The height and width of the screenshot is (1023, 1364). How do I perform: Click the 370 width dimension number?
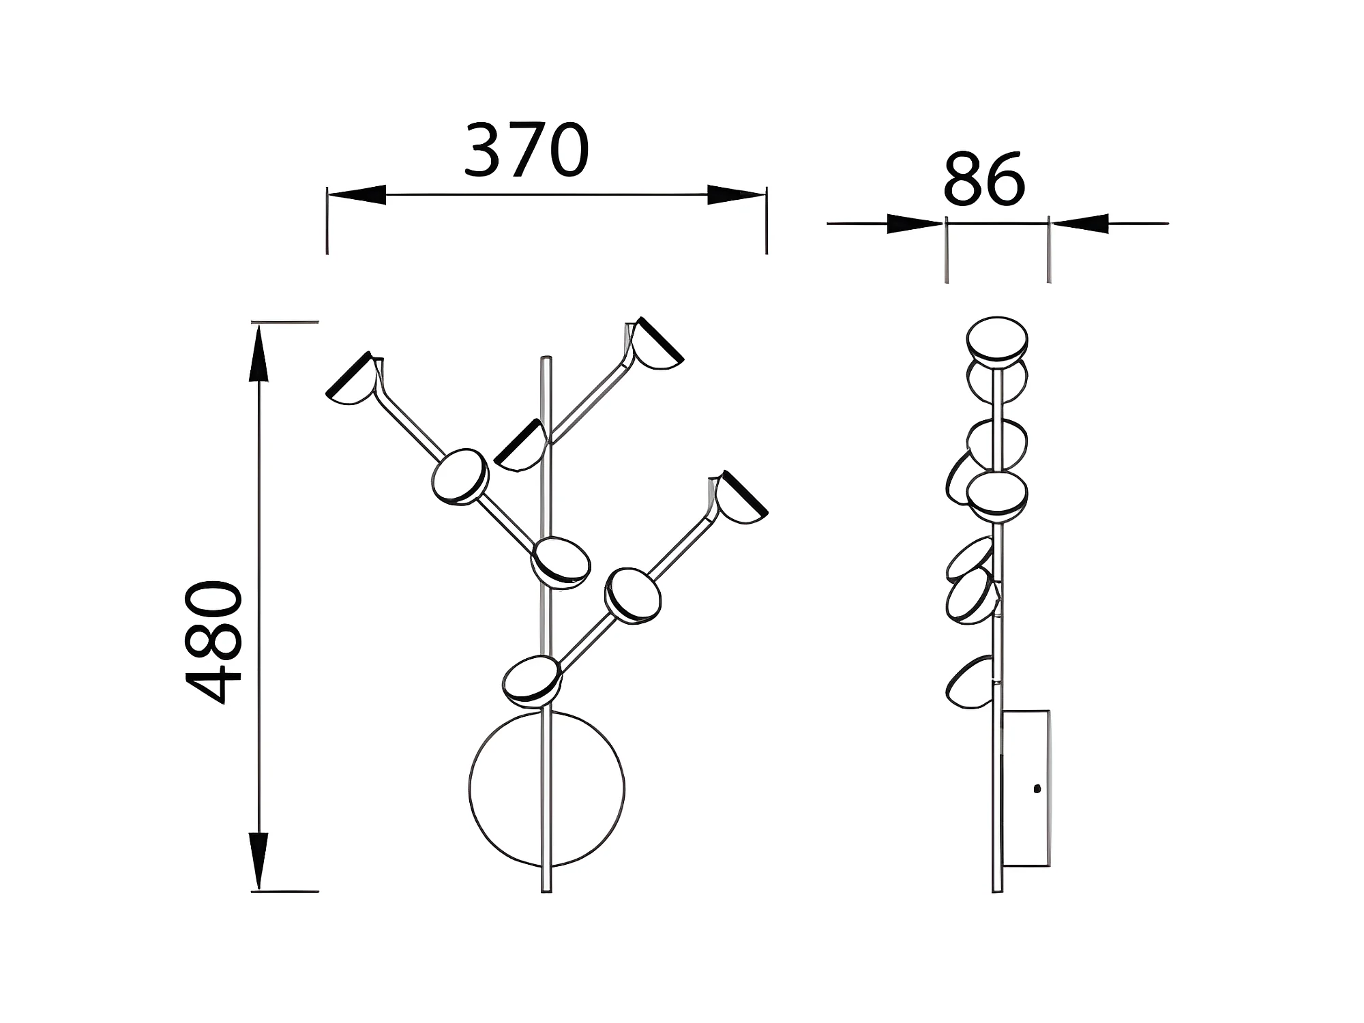click(x=527, y=150)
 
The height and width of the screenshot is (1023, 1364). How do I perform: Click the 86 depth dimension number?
click(x=984, y=179)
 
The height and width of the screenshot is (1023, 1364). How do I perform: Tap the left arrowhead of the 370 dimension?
click(x=357, y=194)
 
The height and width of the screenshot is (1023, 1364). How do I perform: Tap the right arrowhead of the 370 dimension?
click(x=737, y=194)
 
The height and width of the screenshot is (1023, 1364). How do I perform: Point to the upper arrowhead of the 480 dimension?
click(x=258, y=353)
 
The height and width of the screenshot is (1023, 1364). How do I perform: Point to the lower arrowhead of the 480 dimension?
click(x=258, y=861)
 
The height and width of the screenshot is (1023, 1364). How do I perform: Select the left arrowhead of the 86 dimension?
click(x=915, y=223)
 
